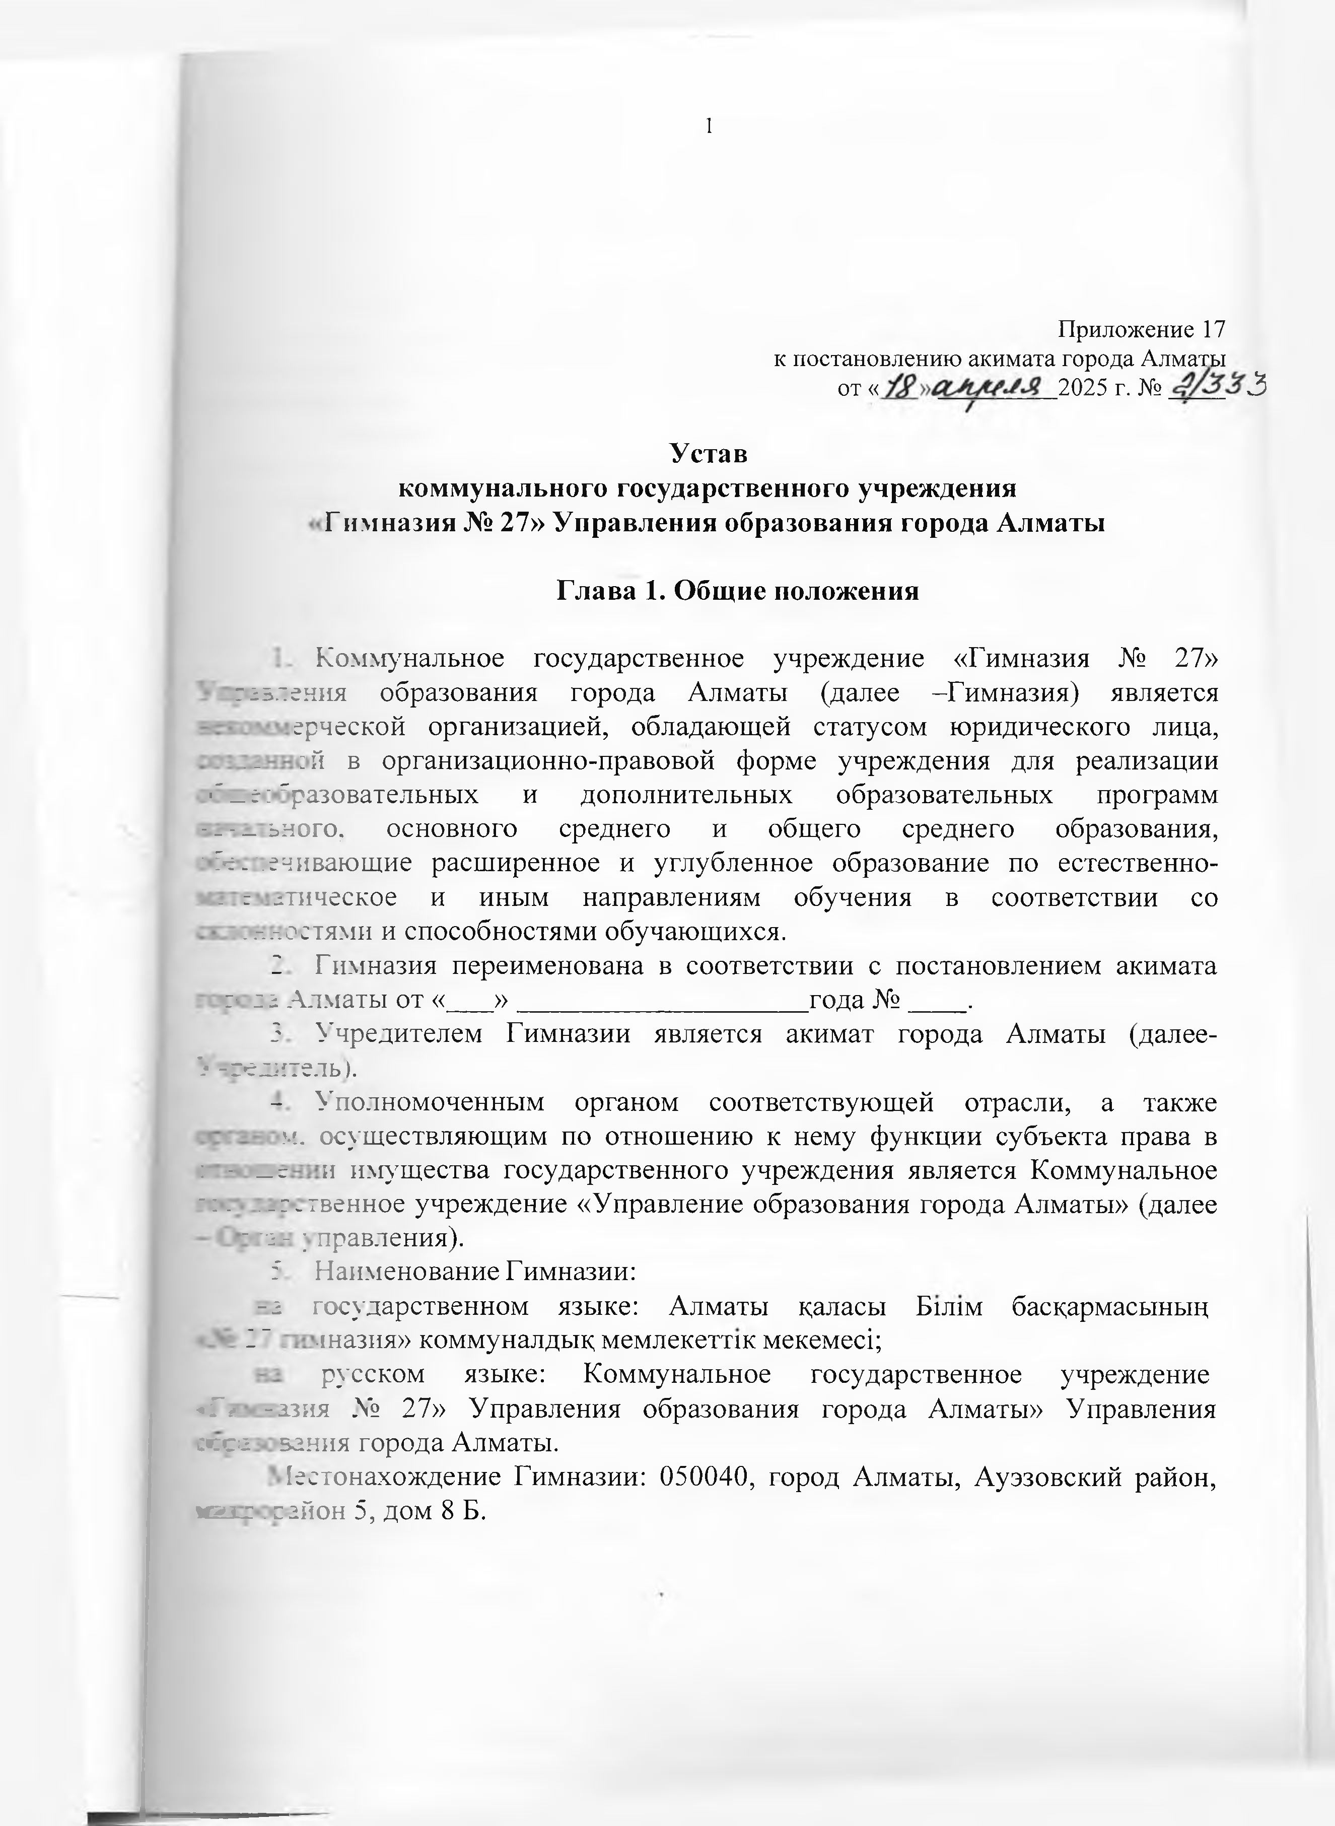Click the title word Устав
(x=710, y=453)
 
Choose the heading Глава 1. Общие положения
(x=738, y=591)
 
